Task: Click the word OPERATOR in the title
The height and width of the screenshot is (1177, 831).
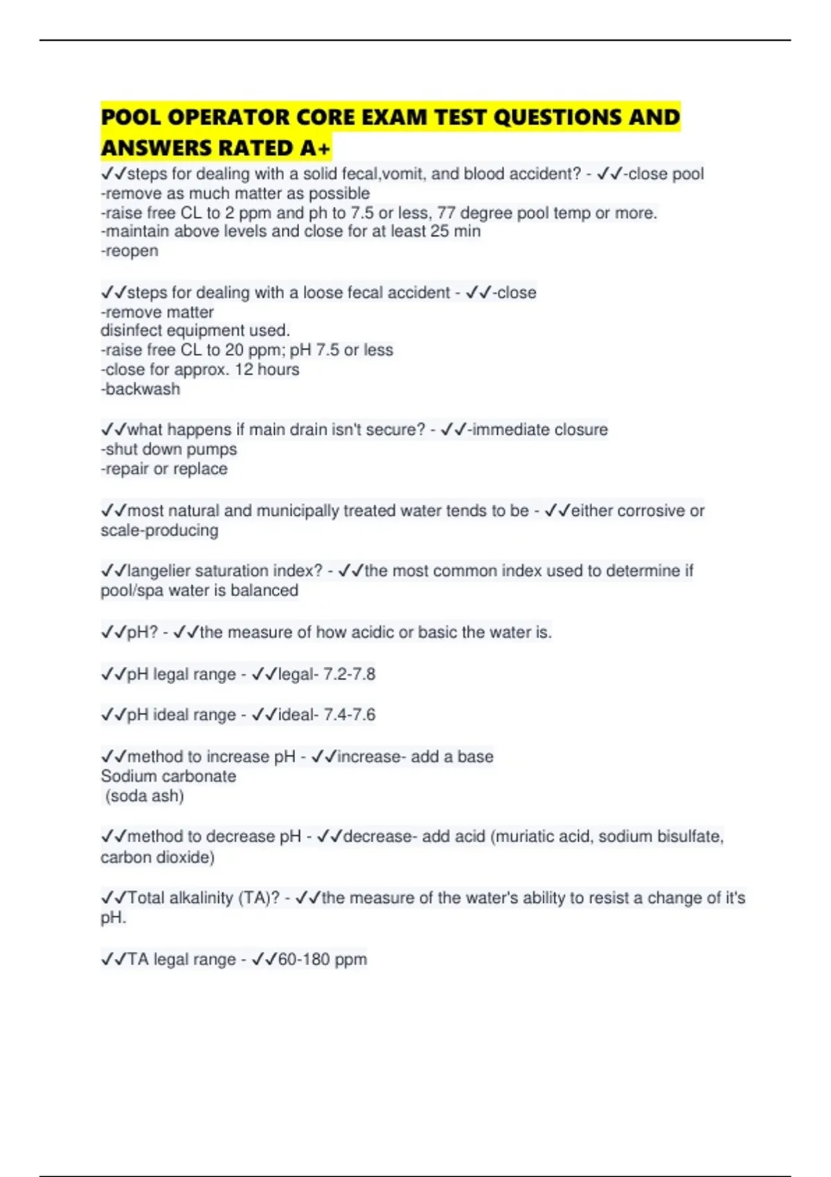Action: (228, 117)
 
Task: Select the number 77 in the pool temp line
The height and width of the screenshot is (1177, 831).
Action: (446, 213)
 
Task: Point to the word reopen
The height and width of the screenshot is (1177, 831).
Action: (132, 251)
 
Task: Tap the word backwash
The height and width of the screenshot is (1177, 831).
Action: (143, 389)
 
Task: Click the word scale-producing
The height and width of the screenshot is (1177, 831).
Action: (159, 531)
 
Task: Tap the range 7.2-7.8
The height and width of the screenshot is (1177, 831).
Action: (349, 674)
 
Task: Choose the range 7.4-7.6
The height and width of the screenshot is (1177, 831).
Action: (349, 715)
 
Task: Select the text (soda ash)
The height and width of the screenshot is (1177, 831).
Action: (145, 796)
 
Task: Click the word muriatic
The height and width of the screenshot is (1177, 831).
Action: (524, 836)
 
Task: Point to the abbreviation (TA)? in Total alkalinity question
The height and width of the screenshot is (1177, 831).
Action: (259, 898)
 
